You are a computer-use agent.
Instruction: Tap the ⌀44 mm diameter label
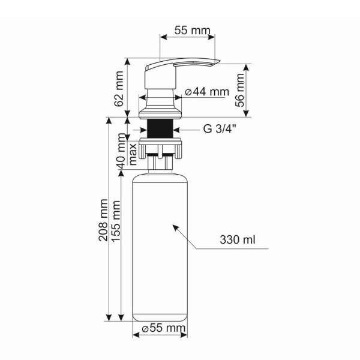[x=207, y=92]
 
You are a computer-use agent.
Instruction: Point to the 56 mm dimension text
[x=241, y=90]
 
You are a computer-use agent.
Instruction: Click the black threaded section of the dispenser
[x=160, y=128]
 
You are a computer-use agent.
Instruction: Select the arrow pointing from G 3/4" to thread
[x=187, y=129]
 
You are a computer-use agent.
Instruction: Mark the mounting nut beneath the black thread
[x=160, y=145]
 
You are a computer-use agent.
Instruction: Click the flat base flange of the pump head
[x=160, y=113]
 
